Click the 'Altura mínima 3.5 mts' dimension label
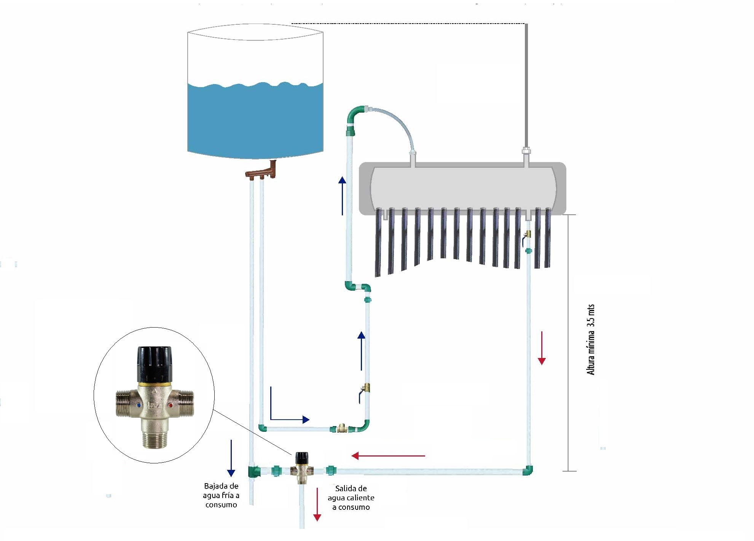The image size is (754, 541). click(x=591, y=339)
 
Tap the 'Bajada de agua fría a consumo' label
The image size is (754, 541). click(x=221, y=495)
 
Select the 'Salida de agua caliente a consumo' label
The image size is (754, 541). click(x=351, y=498)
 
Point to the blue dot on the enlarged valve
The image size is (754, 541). click(x=139, y=406)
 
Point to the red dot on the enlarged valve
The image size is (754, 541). click(x=170, y=406)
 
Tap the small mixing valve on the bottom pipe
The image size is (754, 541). click(x=302, y=468)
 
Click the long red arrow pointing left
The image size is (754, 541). click(x=388, y=455)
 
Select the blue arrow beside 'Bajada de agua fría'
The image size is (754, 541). click(x=231, y=458)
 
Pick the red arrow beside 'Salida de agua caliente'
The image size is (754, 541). click(x=317, y=504)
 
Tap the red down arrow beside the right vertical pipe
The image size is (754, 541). click(x=542, y=348)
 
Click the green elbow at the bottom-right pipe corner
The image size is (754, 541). click(x=528, y=471)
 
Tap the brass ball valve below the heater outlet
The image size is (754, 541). click(x=527, y=235)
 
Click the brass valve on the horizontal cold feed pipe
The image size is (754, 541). click(x=341, y=428)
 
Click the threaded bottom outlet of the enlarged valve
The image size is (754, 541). click(x=154, y=440)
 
